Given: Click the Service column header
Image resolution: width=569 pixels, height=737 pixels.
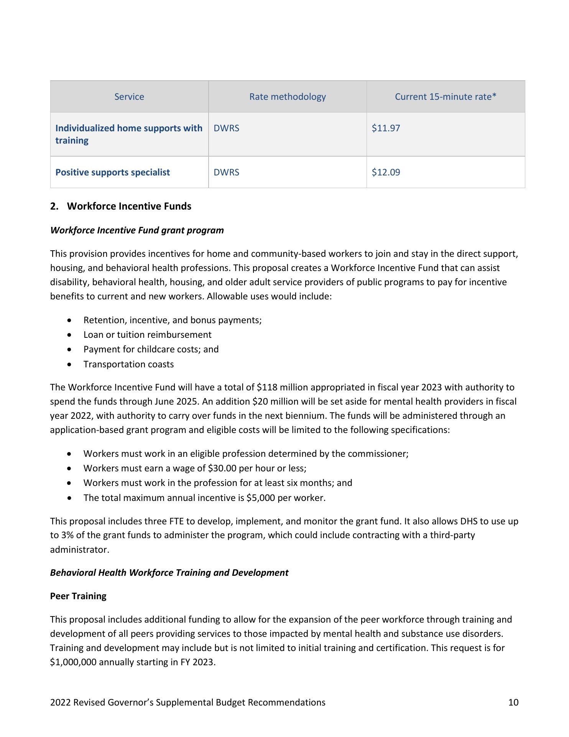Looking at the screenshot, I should point(129,97).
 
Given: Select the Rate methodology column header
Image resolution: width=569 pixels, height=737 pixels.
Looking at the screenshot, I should point(287,97).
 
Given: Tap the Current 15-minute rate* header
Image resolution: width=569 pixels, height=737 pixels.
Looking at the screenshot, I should point(446,97).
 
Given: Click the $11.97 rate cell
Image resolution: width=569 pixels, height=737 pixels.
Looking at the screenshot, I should point(386,128).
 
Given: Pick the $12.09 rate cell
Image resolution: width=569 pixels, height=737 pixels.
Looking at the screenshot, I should point(386,172).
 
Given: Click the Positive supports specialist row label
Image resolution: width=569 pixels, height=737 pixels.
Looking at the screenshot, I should point(112,172).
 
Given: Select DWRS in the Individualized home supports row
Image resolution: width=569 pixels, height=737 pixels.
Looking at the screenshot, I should point(226,128).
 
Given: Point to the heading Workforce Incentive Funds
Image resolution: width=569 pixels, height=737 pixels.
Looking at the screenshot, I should point(129,207).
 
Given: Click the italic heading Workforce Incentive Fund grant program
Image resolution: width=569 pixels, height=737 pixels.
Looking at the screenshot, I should point(137,230).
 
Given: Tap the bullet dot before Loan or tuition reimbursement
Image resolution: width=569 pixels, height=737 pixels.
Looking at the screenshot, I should point(69,335).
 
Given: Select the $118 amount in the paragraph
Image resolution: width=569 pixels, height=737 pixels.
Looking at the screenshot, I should point(266,387).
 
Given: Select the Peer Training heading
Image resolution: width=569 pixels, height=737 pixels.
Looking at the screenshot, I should point(78,596).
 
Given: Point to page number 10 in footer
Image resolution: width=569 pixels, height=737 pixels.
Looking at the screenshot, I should point(513,702).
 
